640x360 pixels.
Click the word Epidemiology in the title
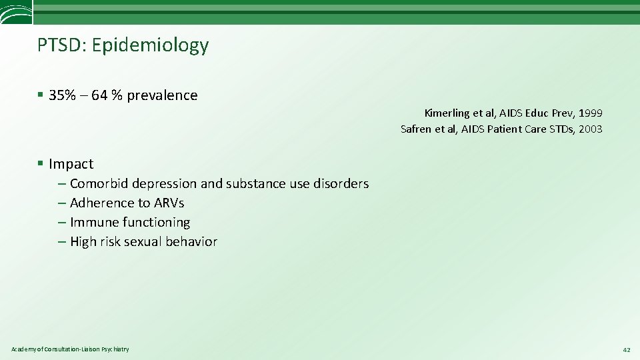pyautogui.click(x=150, y=45)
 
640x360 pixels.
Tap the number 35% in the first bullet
pyautogui.click(x=62, y=95)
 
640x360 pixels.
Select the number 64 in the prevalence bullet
pyautogui.click(x=100, y=95)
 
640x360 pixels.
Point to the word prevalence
pyautogui.click(x=162, y=95)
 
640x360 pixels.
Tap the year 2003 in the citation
pyautogui.click(x=590, y=129)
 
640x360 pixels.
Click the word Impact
pyautogui.click(x=71, y=164)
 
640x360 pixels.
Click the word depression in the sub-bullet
pyautogui.click(x=164, y=183)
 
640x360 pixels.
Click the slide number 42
pyautogui.click(x=625, y=349)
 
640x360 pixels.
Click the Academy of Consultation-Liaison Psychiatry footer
pyautogui.click(x=70, y=349)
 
